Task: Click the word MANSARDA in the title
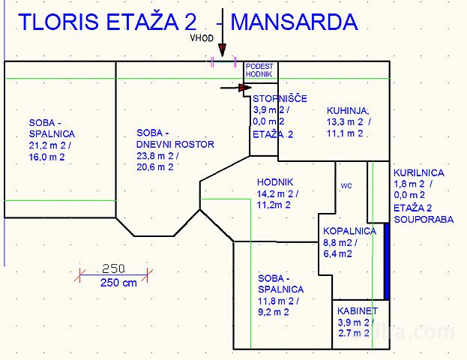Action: point(295,22)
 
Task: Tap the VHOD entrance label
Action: point(202,38)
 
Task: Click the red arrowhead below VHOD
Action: point(222,50)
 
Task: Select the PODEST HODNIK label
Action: point(259,70)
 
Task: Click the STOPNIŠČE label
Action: point(280,99)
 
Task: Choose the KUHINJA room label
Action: point(348,111)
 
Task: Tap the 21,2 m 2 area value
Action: point(50,145)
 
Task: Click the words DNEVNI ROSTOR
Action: point(175,145)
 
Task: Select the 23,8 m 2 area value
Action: point(157,156)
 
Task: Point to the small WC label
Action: point(346,186)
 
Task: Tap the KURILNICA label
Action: point(419,172)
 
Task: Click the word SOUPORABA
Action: point(424,220)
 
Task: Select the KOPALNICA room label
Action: point(349,231)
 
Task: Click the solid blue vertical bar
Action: point(387,261)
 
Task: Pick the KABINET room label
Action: point(358,311)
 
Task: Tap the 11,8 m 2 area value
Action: point(278,301)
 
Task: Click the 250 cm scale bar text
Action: point(118,283)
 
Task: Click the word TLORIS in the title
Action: point(58,22)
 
